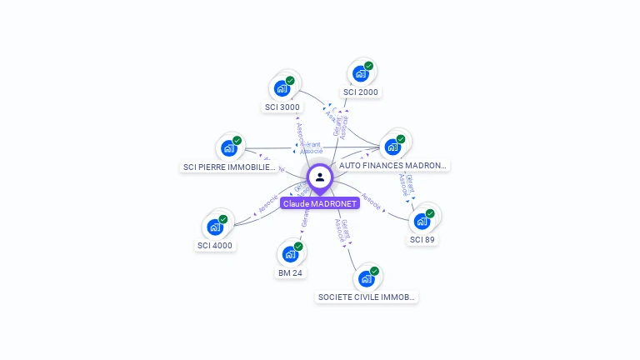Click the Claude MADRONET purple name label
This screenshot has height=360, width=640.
[320, 203]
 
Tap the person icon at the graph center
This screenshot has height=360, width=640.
[320, 177]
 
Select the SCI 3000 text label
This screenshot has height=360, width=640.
[282, 107]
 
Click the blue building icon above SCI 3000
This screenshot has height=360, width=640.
[282, 87]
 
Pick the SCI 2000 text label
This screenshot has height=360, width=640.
[361, 92]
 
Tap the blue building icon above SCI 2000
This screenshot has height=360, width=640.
[360, 73]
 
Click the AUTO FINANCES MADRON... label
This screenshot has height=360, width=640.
[393, 166]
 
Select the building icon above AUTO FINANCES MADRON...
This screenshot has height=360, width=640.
[392, 147]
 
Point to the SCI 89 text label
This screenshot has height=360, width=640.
[422, 240]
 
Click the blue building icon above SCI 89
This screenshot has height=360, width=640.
[422, 221]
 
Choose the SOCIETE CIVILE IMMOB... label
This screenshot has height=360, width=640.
[367, 297]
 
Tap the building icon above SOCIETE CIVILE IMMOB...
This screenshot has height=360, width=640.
[366, 278]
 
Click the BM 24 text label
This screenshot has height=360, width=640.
[289, 272]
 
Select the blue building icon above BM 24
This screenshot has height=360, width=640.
[289, 253]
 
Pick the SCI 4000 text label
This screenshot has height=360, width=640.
[215, 246]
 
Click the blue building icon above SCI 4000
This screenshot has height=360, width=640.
[214, 227]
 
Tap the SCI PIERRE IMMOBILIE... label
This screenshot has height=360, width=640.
[229, 167]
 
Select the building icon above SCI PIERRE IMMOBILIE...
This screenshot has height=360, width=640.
[228, 148]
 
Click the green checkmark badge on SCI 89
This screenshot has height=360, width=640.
[430, 213]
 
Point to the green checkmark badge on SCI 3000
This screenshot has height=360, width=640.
[290, 80]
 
